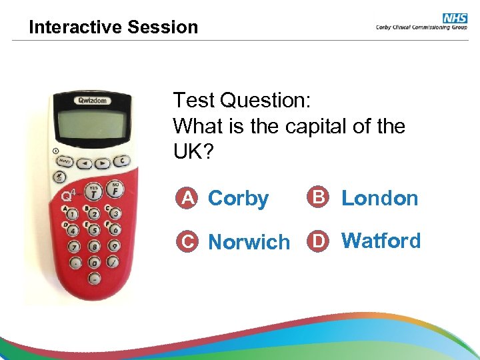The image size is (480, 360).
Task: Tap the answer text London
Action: (x=379, y=198)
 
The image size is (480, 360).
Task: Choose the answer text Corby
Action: (x=238, y=198)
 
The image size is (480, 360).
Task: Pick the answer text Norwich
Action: (x=249, y=241)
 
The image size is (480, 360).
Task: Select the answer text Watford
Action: (x=381, y=240)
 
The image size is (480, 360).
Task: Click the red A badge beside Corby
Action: (x=189, y=197)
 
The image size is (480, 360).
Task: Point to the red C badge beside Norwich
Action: (x=189, y=241)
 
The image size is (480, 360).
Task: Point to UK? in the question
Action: (x=193, y=151)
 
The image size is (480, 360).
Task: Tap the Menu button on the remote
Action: (x=65, y=161)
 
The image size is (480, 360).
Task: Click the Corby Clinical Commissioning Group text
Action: (x=421, y=28)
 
